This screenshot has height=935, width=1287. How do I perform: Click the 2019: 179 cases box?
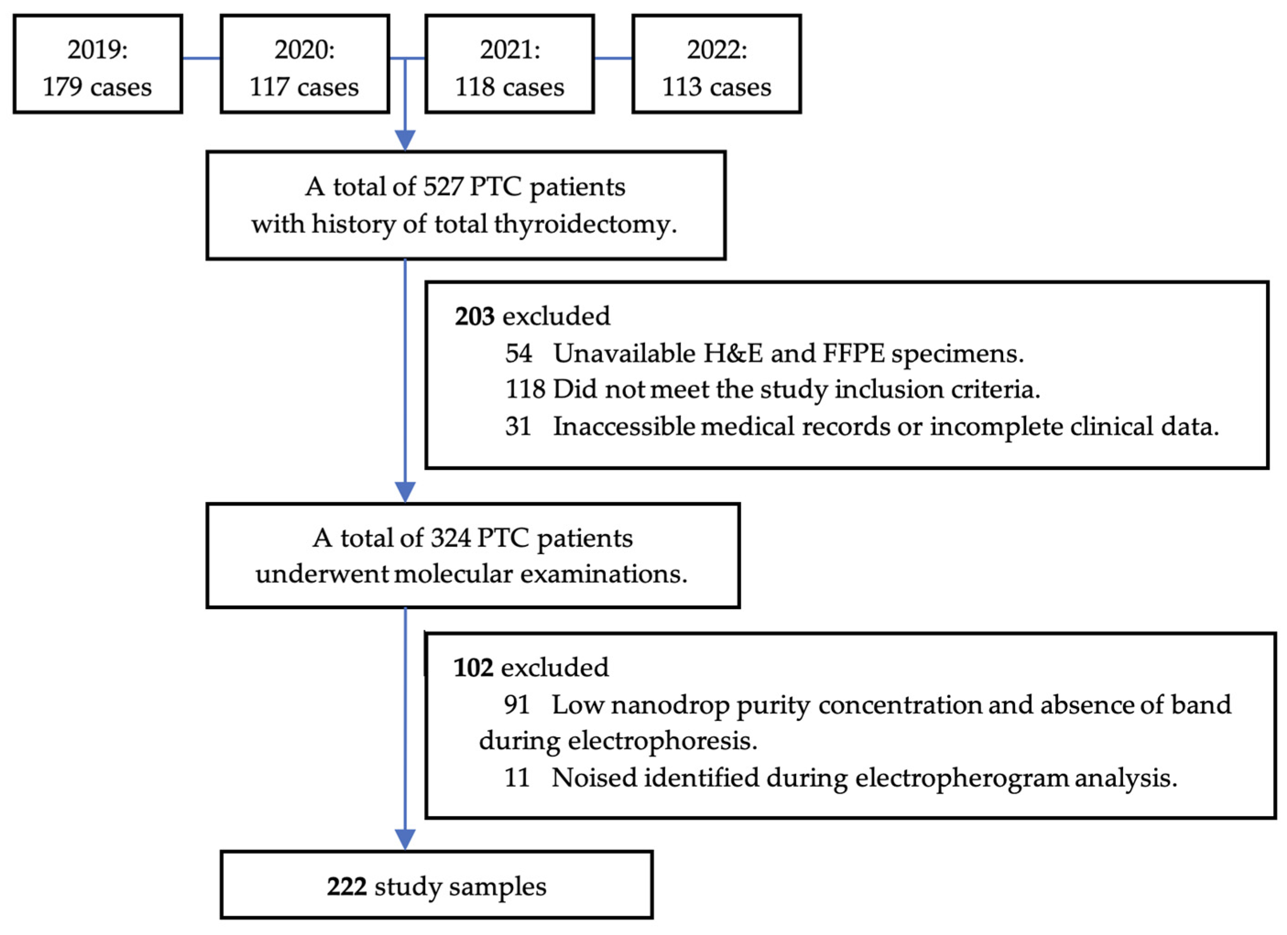98,64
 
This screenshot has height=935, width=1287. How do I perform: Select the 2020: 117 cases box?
305,64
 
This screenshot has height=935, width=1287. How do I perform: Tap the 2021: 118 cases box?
510,64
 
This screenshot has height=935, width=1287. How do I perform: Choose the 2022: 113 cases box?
717,64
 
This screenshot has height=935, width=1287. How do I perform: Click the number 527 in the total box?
443,187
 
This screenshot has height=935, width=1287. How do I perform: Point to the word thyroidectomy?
585,224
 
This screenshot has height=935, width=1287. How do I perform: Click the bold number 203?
474,316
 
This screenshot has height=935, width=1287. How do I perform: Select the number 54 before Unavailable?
519,353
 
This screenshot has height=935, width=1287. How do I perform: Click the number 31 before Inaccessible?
517,426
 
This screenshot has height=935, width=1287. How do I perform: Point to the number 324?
451,538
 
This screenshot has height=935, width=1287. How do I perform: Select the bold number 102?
473,668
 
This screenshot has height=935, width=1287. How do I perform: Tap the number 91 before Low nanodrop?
516,705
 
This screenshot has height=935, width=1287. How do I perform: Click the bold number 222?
346,886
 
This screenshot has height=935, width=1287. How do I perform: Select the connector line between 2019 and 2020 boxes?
201,58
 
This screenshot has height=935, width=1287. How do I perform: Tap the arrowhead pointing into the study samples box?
405,839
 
